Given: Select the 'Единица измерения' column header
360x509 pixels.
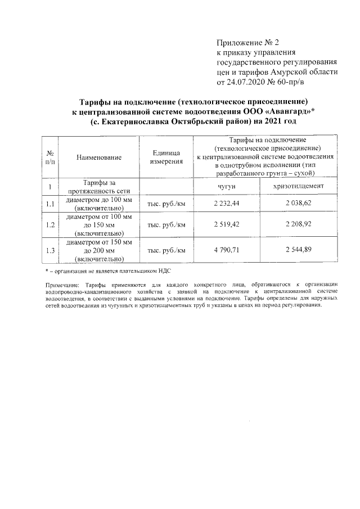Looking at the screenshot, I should click(x=166, y=157).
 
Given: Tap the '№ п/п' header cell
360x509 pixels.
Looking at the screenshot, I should click(x=51, y=157).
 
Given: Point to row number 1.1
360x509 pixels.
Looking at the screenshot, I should click(x=51, y=204).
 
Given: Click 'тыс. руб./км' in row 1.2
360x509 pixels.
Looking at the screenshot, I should click(x=166, y=224).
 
